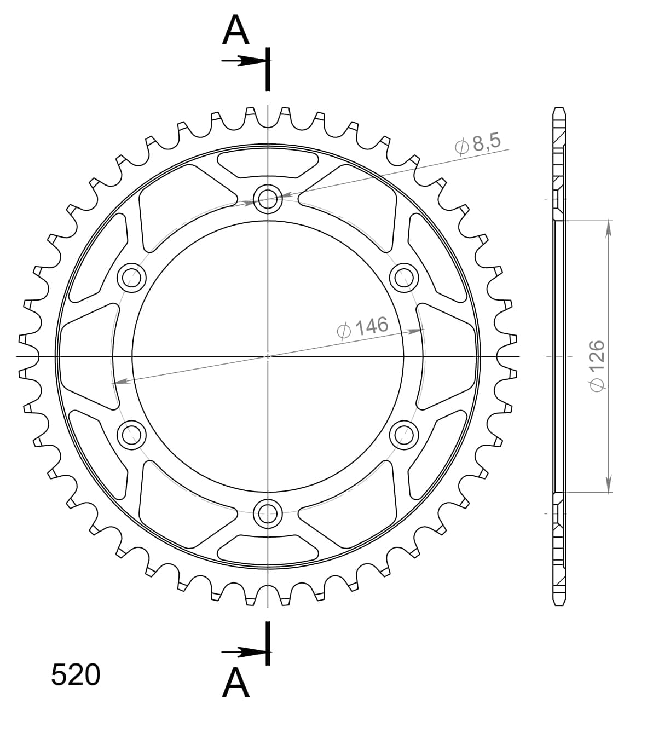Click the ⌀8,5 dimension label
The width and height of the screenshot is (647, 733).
[477, 144]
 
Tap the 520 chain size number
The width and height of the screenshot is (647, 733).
[76, 675]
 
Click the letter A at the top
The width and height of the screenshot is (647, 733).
[236, 31]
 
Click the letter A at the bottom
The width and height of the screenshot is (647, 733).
[236, 683]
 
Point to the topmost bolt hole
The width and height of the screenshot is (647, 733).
[268, 198]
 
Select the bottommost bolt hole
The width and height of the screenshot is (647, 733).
[268, 512]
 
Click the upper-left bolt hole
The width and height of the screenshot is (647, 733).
[132, 278]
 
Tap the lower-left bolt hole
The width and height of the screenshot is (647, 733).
[132, 435]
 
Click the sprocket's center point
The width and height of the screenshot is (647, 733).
[268, 356]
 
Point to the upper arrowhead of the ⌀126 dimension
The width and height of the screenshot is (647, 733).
[608, 228]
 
